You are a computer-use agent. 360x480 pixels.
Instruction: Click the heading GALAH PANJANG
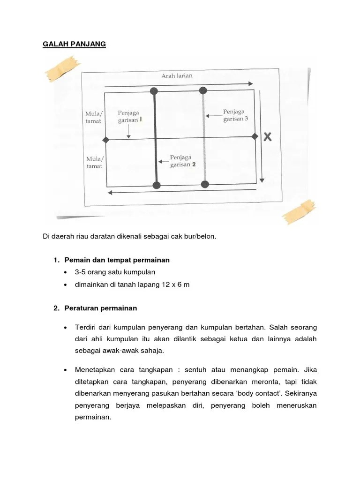[75, 44]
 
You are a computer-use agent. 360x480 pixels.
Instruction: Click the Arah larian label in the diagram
[177, 75]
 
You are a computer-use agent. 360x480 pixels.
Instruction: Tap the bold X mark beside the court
[268, 137]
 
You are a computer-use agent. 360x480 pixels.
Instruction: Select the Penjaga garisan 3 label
[236, 115]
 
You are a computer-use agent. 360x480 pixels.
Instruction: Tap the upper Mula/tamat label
[94, 117]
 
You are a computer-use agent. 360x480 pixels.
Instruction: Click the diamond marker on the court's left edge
[106, 140]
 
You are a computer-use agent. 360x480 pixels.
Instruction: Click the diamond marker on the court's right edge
[255, 136]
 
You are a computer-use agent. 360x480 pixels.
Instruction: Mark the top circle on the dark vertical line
[154, 91]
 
